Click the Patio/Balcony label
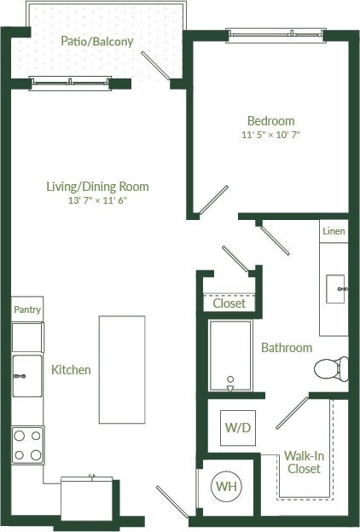point(97,41)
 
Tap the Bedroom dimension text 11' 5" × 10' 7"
point(270,135)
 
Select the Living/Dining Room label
point(98,186)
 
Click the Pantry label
point(27,310)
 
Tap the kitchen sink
point(26,375)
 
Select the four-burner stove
point(27,444)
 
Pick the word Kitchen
point(71,370)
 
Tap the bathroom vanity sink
point(335,289)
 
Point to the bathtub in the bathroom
point(230,356)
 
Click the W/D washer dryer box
point(236,427)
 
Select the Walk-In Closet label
point(304,461)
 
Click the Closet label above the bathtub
point(229,303)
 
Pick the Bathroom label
point(286,348)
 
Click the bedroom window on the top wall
point(275,36)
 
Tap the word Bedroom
point(270,121)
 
